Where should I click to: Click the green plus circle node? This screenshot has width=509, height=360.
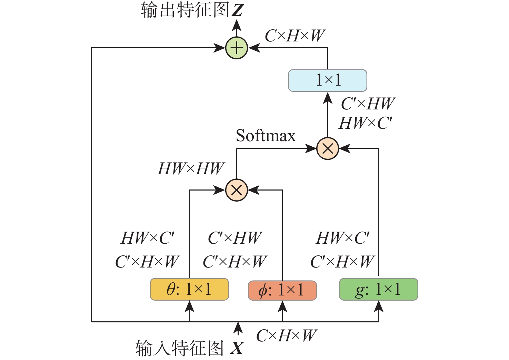click(x=237, y=48)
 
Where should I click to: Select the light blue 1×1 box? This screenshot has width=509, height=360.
click(x=327, y=80)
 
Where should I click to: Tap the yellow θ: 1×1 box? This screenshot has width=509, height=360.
click(x=189, y=289)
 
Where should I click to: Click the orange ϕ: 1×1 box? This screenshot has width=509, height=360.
click(x=282, y=290)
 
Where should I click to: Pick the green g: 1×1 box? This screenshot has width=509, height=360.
click(x=378, y=289)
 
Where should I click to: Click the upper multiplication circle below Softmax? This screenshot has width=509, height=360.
click(x=327, y=148)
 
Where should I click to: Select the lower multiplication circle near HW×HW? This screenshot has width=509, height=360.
click(x=237, y=190)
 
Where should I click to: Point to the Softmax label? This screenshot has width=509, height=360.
click(x=266, y=136)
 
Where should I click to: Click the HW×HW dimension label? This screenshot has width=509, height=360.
click(x=191, y=169)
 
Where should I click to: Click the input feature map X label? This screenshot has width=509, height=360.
click(x=189, y=348)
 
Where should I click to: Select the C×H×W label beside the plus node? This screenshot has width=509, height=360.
click(x=295, y=36)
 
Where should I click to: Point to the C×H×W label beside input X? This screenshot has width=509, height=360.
click(x=286, y=335)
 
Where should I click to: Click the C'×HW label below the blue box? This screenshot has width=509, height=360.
click(x=368, y=104)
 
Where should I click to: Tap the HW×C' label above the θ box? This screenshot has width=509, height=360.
click(x=148, y=238)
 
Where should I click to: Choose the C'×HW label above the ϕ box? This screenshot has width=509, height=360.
click(x=235, y=238)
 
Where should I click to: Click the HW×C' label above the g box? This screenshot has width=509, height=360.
click(x=343, y=238)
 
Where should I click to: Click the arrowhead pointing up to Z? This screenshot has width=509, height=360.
click(x=237, y=25)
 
